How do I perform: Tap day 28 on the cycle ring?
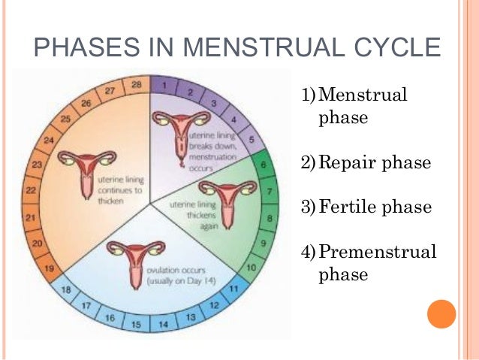tap(137, 85)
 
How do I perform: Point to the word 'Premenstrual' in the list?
tap(377, 251)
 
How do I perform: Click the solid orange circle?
tap(441, 313)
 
